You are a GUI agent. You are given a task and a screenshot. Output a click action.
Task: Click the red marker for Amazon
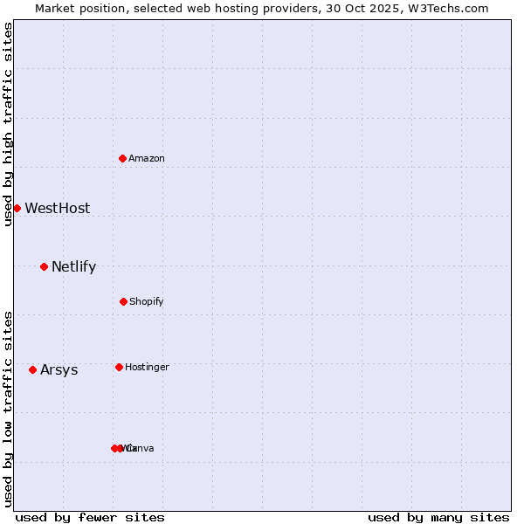pos(123,158)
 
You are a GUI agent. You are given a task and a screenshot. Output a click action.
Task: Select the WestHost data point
pos(17,208)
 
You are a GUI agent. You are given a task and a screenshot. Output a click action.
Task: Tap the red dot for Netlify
pos(44,266)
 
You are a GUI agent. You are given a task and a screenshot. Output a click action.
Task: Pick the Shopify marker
pos(123,301)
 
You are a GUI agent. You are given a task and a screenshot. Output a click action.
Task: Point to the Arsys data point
pos(32,369)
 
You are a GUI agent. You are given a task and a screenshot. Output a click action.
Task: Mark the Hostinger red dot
pos(119,367)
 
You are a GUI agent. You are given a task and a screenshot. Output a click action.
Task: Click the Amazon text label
pos(147,158)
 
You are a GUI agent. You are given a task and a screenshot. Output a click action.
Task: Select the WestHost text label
pos(58,208)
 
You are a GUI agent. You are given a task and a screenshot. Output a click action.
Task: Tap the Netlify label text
pos(74,266)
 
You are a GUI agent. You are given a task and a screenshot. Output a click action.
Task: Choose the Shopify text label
pos(147,301)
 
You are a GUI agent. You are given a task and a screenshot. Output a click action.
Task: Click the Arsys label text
pos(59,369)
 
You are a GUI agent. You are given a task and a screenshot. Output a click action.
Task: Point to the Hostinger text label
pos(147,367)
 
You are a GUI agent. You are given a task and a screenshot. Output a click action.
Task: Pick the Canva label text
pos(141,448)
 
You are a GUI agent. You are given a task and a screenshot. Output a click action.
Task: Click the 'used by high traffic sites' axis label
pos(8,123)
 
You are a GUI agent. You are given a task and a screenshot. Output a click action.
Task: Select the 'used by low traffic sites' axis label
pos(8,409)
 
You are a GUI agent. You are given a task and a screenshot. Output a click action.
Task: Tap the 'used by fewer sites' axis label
pos(90,517)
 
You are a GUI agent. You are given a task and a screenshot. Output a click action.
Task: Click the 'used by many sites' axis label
pos(438,517)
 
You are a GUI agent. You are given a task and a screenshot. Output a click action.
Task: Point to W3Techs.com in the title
pos(451,8)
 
